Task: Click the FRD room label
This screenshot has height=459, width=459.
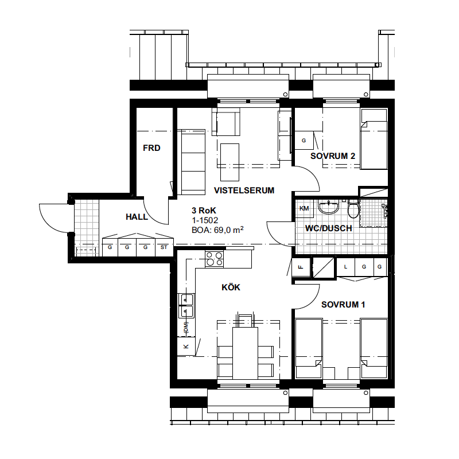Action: [x=151, y=148]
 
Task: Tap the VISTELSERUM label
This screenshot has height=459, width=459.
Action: [x=244, y=190]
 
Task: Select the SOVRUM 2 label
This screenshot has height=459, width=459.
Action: [x=333, y=156]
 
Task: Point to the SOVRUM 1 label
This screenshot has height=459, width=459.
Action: [x=343, y=305]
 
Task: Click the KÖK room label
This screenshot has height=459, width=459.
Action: [x=231, y=287]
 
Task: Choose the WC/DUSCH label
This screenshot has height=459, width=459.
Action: [x=328, y=228]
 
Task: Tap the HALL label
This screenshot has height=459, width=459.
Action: [x=137, y=217]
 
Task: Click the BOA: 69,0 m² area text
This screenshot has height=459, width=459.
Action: [x=217, y=230]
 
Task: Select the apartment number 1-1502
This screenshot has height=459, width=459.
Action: [x=205, y=220]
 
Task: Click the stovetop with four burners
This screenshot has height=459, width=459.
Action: [x=214, y=259]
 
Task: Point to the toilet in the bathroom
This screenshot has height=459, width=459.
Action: [x=353, y=209]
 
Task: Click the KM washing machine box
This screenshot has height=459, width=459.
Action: [x=304, y=209]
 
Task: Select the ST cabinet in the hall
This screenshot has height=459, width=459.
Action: [x=164, y=247]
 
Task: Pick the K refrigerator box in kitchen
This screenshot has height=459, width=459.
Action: [x=186, y=347]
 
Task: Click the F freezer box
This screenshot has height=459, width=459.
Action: [x=301, y=267]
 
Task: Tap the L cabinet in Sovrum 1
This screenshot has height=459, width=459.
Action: [x=346, y=267]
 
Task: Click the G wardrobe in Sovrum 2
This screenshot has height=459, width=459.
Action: [x=304, y=141]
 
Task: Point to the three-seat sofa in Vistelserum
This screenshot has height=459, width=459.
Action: [x=193, y=162]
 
